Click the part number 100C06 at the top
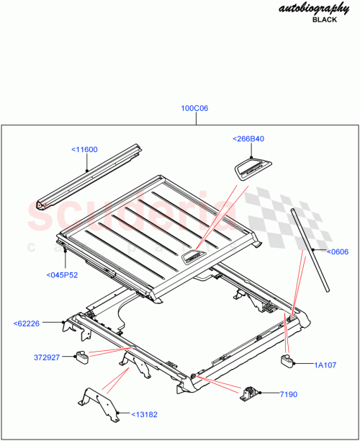[x=194, y=109]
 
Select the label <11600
[x=84, y=150]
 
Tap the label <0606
[x=337, y=252]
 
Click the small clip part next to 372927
[x=83, y=354]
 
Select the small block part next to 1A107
[x=290, y=360]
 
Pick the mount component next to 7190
[x=252, y=392]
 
